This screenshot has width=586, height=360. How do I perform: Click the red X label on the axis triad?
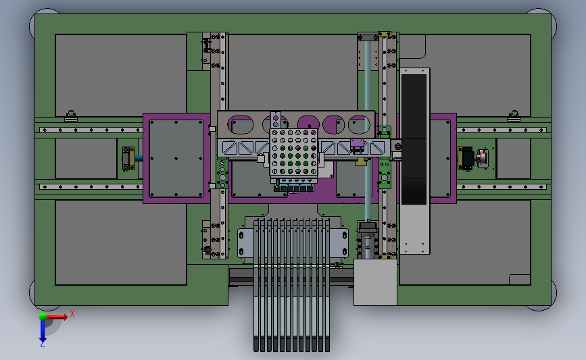click(72, 313)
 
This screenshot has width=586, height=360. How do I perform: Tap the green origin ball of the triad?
click(43, 317)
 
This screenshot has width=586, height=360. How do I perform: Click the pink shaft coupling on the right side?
click(482, 158)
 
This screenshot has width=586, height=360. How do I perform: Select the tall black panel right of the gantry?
click(414, 139)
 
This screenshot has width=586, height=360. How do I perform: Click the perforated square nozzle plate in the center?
click(294, 153)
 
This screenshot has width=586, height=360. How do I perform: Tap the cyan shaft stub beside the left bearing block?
click(139, 158)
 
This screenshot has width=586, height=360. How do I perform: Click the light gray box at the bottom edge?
click(375, 282)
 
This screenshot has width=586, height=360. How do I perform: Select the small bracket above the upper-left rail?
click(71, 115)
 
